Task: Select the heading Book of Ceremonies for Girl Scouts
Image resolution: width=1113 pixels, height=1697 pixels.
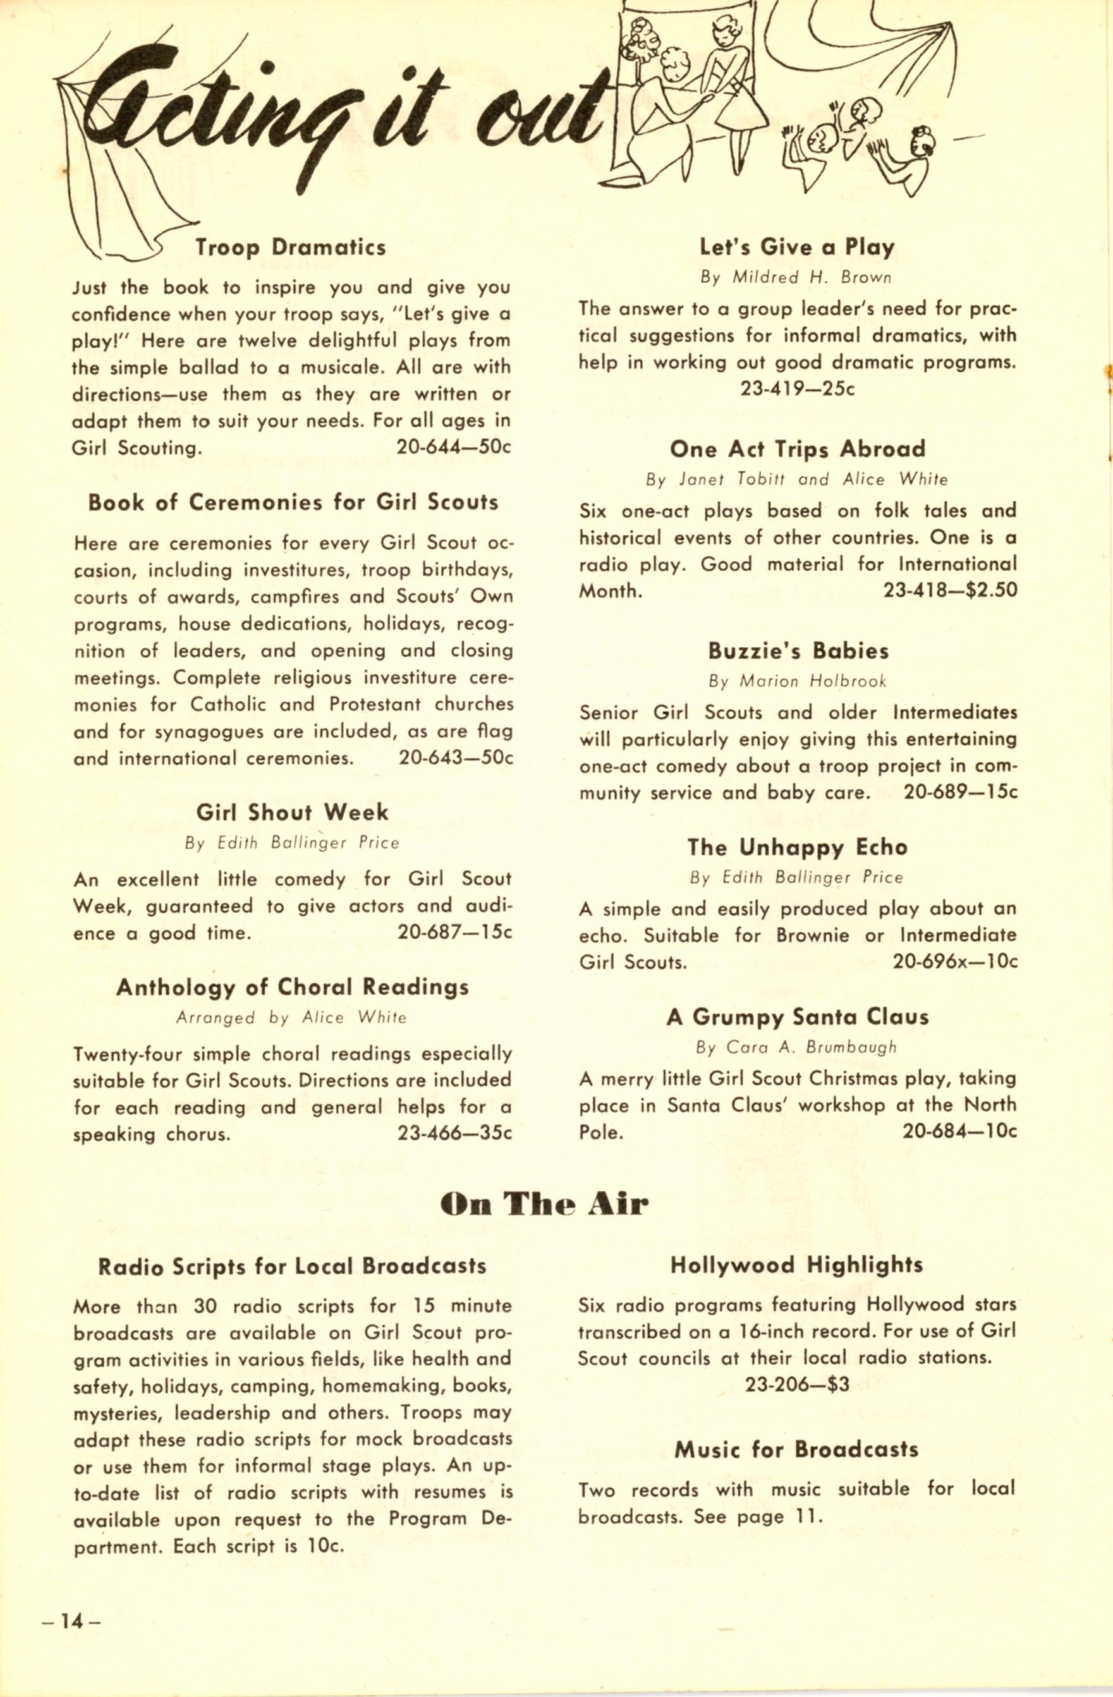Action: [x=293, y=502]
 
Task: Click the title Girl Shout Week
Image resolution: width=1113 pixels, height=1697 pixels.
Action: [x=293, y=812]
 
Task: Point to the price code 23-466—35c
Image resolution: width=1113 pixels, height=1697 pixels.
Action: [x=455, y=1134]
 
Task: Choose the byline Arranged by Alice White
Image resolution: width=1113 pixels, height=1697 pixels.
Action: [x=291, y=1018]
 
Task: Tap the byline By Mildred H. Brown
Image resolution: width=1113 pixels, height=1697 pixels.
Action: [x=796, y=277]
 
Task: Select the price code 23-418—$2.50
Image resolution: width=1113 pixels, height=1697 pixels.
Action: [x=950, y=590]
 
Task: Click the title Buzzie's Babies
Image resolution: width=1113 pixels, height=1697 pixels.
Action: [x=798, y=651]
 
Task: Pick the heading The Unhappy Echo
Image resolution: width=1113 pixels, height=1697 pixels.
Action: [x=797, y=847]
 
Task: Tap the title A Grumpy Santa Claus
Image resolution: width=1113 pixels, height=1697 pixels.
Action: [x=797, y=1017]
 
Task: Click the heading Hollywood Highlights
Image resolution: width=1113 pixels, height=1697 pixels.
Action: [x=796, y=1265]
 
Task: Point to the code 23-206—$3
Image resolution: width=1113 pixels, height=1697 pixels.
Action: [x=797, y=1385]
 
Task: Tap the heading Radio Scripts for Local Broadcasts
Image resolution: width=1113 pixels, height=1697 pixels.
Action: [x=293, y=1267]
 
